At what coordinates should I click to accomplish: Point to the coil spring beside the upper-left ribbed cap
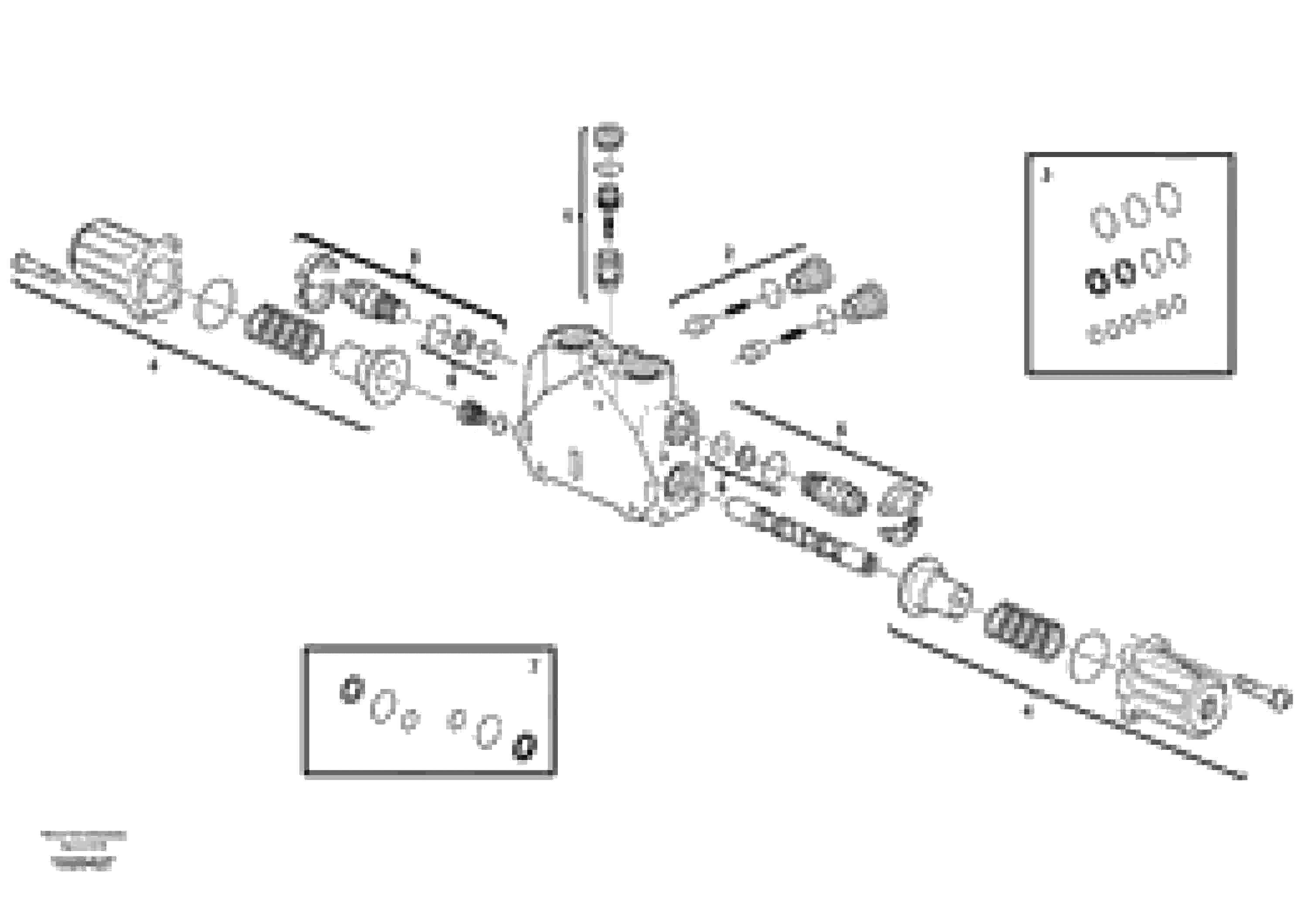click(x=284, y=333)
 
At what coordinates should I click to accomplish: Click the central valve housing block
click(x=599, y=430)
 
